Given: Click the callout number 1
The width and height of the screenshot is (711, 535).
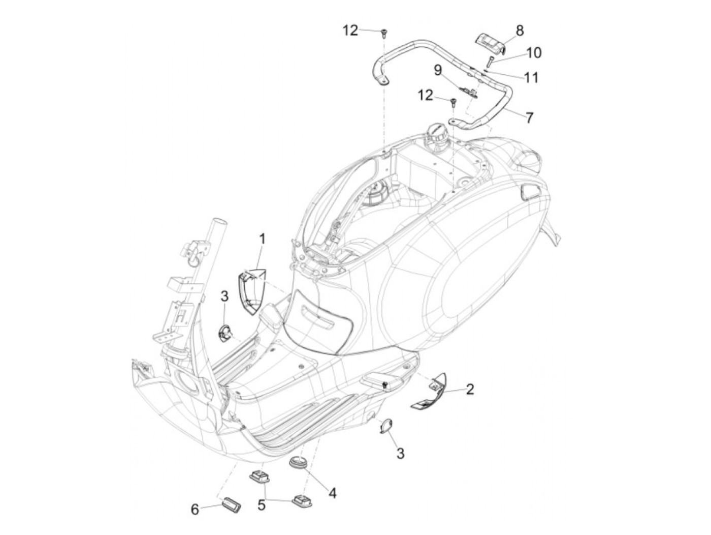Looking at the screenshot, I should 263,239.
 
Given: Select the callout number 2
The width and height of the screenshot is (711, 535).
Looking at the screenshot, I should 470,390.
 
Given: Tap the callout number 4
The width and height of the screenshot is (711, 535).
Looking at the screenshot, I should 333,493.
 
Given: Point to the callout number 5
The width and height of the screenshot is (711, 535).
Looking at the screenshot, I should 262,505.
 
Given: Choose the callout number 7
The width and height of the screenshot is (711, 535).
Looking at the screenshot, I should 530,118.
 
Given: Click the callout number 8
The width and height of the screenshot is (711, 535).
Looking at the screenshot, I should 520,31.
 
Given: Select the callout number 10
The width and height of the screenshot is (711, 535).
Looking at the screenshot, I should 533,52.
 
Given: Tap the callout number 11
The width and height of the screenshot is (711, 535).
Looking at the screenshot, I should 531,77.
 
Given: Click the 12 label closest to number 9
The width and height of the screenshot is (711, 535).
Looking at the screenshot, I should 426,95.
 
